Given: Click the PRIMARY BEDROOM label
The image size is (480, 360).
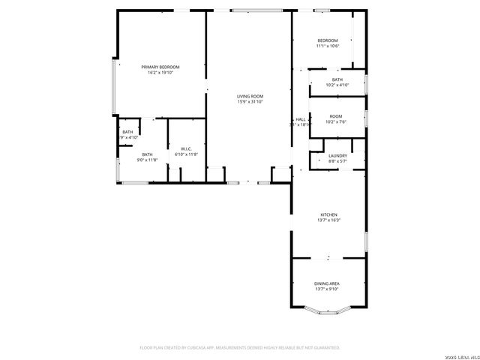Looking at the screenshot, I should [160, 67].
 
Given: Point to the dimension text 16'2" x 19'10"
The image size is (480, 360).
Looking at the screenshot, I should [160, 73].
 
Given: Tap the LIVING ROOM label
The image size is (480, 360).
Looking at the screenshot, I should [250, 97].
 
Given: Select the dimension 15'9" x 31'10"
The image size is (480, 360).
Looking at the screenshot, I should [250, 103].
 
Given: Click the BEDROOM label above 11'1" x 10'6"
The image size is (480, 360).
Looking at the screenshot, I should [328, 40].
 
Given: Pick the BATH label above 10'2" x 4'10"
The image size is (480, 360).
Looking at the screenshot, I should [337, 79].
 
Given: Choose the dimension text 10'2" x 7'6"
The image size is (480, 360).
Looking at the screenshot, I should [336, 121].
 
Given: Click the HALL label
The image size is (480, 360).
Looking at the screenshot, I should [300, 119].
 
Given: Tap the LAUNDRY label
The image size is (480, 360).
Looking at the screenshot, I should [337, 155].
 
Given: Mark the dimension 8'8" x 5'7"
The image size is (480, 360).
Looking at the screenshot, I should [337, 161].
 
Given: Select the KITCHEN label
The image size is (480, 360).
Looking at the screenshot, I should [328, 214].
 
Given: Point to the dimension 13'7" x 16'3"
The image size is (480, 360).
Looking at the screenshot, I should [328, 220].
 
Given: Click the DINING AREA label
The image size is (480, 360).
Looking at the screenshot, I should [327, 283].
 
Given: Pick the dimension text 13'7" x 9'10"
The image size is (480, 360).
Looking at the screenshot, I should [327, 289].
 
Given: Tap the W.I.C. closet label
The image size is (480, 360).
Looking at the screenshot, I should [185, 148].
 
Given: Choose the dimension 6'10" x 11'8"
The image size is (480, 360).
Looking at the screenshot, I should [185, 154].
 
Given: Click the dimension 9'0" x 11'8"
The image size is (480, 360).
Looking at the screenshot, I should [147, 160].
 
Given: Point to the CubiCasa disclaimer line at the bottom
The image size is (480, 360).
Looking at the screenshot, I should [240, 348].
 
